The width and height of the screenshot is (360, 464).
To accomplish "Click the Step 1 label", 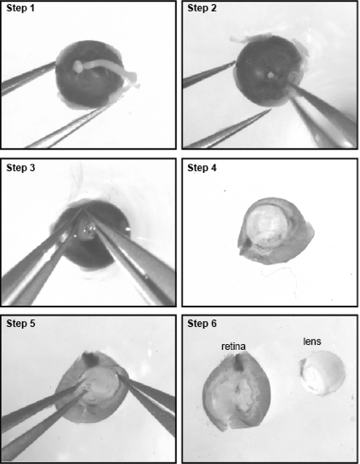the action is coord(20,9).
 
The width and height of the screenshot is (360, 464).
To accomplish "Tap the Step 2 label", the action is coord(202,9).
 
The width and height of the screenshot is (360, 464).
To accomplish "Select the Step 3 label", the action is coord(20,168).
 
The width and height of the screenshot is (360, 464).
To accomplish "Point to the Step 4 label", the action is coord(202,168).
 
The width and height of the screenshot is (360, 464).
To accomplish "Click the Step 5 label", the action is coord(20,324).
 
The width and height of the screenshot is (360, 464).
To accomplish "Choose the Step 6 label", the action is coord(202,324).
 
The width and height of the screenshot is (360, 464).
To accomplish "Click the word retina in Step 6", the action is coord(233,347).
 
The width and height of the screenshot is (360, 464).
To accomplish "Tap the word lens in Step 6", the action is coord(312,341).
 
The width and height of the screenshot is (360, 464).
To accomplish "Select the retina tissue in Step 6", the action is coord(236,391).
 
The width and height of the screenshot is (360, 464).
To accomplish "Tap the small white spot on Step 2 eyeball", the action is coord(271,75).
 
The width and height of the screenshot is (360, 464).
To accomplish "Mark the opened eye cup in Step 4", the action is coord(275,231).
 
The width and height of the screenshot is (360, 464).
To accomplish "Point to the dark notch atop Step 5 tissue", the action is coord(91,358).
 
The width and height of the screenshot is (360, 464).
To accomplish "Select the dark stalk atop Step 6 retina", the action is coord(238,363).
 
